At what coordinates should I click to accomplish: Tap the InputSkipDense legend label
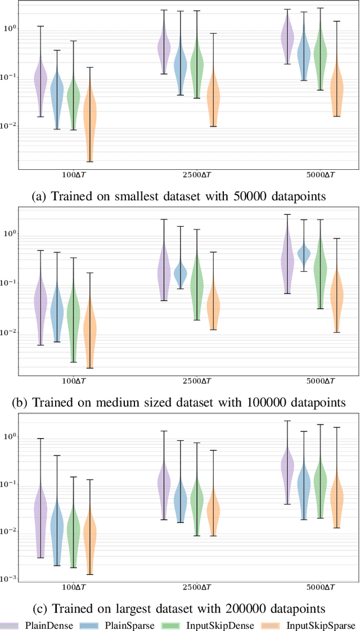(228, 624)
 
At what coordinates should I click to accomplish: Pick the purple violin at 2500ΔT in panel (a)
(164, 48)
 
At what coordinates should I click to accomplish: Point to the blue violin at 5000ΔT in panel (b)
(304, 254)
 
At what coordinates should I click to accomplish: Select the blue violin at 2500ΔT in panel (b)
(181, 274)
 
